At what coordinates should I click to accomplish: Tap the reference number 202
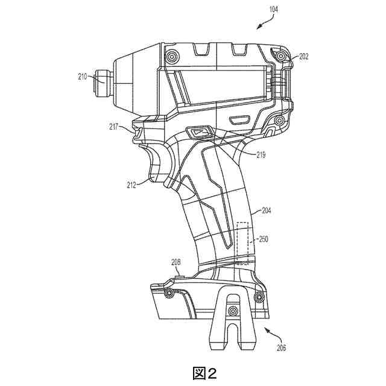click(x=302, y=57)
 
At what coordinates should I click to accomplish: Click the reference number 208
click(x=176, y=262)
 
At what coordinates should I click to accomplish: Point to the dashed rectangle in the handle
click(x=242, y=243)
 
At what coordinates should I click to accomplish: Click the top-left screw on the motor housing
click(x=174, y=57)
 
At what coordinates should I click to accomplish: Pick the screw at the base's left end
click(x=169, y=294)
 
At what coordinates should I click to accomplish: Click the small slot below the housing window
click(x=241, y=118)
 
